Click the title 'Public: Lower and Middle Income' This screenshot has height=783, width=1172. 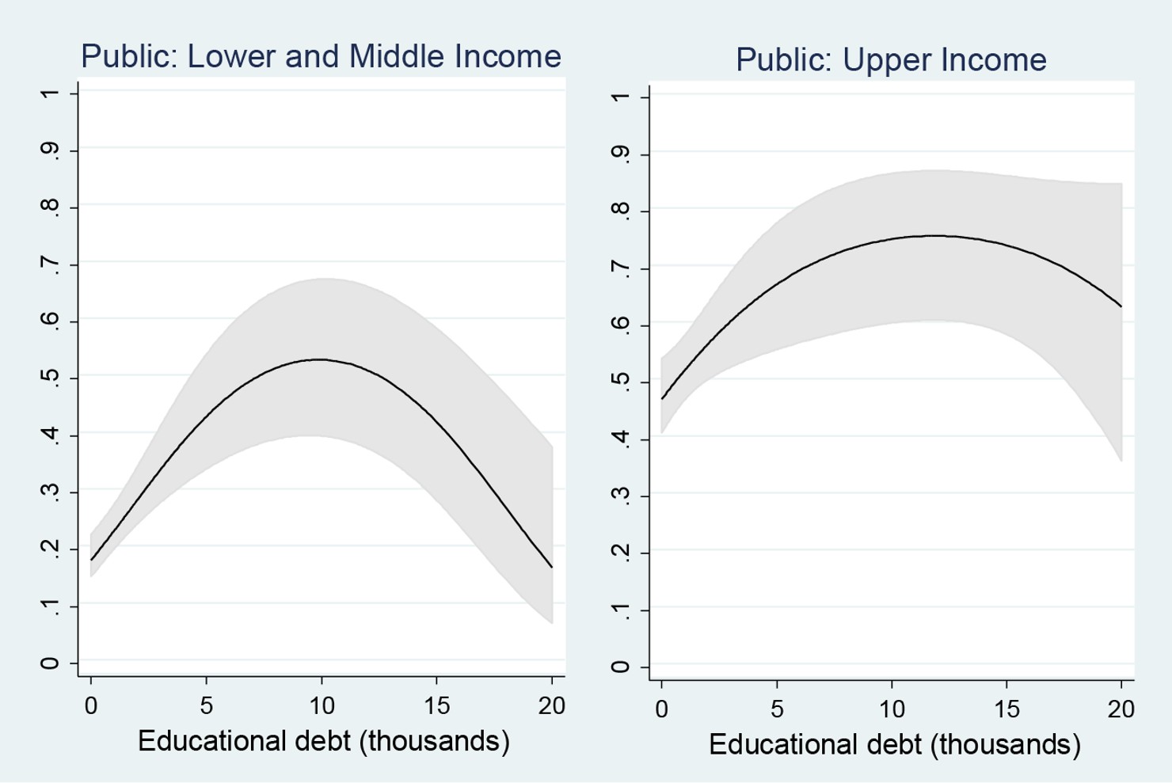point(321,57)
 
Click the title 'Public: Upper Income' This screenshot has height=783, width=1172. point(891,60)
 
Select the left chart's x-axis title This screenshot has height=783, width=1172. point(323,741)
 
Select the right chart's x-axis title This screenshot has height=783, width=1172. point(894,744)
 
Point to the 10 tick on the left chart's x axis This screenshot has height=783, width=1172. point(322,705)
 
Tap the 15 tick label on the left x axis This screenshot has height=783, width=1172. point(436,705)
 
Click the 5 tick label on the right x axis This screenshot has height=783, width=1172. point(777,709)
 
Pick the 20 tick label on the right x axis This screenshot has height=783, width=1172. point(1121,709)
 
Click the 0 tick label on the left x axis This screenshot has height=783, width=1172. point(91,705)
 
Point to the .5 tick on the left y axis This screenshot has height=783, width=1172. point(49,378)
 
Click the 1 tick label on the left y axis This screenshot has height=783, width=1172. point(49,94)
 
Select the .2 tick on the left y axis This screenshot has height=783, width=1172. point(49,548)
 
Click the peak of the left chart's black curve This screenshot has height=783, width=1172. point(318,359)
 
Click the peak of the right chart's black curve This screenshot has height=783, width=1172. point(934,235)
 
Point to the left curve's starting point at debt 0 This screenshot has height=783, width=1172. point(92,560)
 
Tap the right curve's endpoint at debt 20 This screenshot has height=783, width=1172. point(1121,306)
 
